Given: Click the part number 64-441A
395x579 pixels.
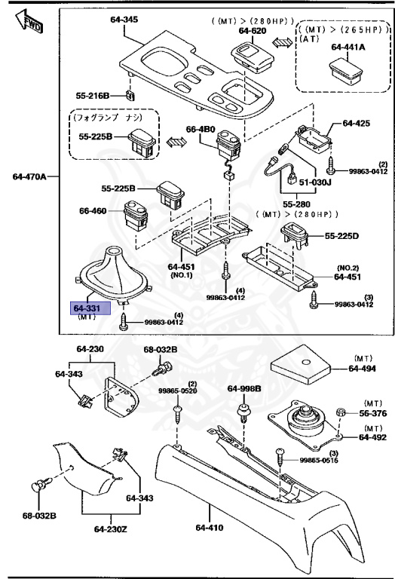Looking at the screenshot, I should pyautogui.click(x=348, y=47).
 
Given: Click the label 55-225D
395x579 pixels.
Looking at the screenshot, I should pyautogui.click(x=342, y=236).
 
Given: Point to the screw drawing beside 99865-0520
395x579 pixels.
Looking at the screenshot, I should pyautogui.click(x=178, y=413).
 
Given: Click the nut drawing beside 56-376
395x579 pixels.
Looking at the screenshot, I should pyautogui.click(x=340, y=413).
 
